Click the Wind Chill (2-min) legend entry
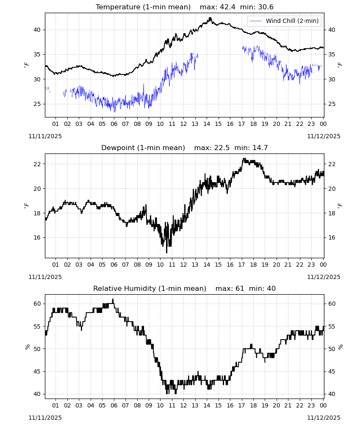pyautogui.click(x=284, y=21)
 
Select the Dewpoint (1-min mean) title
pyautogui.click(x=143, y=148)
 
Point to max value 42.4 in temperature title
pyautogui.click(x=228, y=7)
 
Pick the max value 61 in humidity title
pyautogui.click(x=240, y=288)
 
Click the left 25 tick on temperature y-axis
pyautogui.click(x=37, y=104)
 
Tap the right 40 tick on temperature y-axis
pyautogui.click(x=332, y=30)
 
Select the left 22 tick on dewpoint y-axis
pyautogui.click(x=37, y=164)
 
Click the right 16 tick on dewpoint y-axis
pyautogui.click(x=332, y=238)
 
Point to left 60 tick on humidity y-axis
pyautogui.click(x=37, y=304)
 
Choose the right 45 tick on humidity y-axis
pyautogui.click(x=332, y=371)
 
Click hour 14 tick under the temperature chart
pyautogui.click(x=207, y=124)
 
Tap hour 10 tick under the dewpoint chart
pyautogui.click(x=161, y=265)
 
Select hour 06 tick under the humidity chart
pyautogui.click(x=114, y=405)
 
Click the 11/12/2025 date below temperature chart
pyautogui.click(x=324, y=136)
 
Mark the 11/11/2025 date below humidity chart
pyautogui.click(x=45, y=418)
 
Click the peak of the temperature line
pyautogui.click(x=210, y=18)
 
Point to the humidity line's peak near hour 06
pyautogui.click(x=113, y=299)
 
